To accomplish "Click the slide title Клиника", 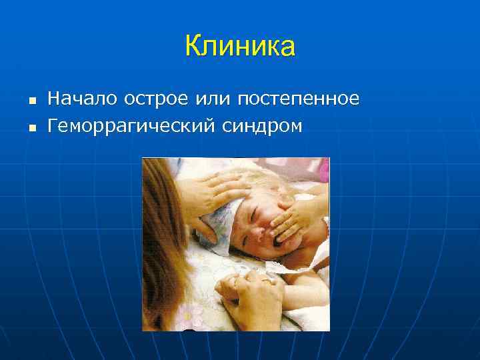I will (240, 47).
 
